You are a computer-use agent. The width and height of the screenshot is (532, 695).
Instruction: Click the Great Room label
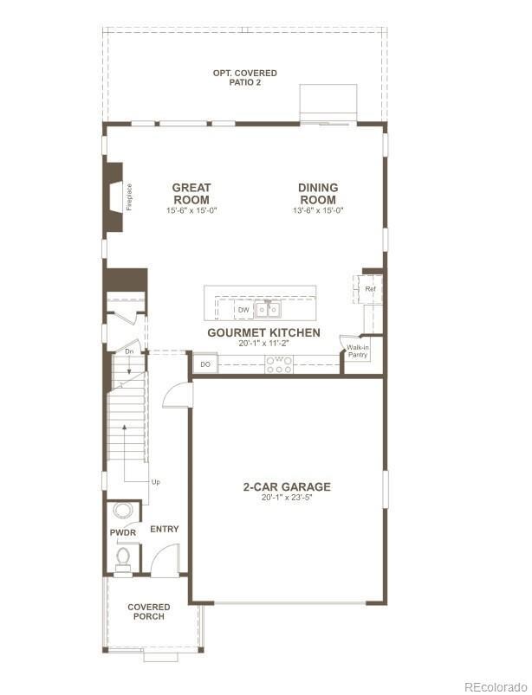(x=191, y=193)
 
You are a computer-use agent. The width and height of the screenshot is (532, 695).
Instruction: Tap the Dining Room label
(x=318, y=193)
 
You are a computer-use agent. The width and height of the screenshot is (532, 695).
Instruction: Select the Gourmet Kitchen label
(x=263, y=332)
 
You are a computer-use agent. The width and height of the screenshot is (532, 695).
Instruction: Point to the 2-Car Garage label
(x=287, y=486)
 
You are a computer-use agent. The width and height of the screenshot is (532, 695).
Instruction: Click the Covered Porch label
(x=149, y=611)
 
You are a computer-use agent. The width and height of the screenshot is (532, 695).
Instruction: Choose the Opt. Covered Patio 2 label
(x=244, y=78)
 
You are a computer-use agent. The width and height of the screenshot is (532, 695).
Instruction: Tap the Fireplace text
(x=129, y=196)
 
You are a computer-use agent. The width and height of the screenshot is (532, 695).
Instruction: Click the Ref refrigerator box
(x=369, y=289)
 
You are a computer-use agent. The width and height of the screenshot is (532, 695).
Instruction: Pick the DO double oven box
(x=205, y=364)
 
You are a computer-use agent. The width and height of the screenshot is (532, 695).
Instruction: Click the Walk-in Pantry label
(x=358, y=351)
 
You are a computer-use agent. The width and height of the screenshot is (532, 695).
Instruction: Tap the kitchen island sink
(x=267, y=308)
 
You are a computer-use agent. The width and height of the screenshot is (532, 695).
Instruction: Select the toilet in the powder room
(x=123, y=556)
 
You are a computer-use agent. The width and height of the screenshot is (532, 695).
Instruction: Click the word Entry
(x=165, y=529)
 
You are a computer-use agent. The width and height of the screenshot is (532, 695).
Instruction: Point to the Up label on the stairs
(x=155, y=481)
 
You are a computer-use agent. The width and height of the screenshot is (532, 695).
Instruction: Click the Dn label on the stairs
(x=128, y=351)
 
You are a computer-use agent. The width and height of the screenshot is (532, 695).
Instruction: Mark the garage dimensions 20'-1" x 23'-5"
(x=287, y=498)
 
